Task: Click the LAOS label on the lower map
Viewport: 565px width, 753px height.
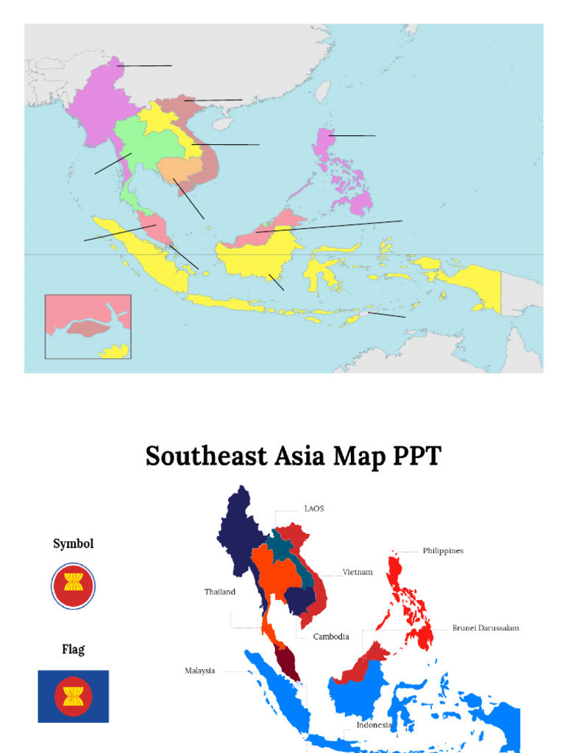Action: (x=314, y=508)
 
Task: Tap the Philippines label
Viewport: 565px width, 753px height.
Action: (x=443, y=551)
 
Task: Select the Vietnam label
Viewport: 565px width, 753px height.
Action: (x=358, y=572)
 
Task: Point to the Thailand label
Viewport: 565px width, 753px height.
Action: (x=220, y=592)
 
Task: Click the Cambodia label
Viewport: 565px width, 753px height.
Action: (x=331, y=637)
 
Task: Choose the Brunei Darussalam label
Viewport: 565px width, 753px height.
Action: (x=486, y=628)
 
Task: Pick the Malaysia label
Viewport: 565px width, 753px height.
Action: (x=200, y=671)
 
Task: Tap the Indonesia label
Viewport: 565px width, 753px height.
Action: (x=374, y=725)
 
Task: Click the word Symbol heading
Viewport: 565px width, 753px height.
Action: (x=74, y=544)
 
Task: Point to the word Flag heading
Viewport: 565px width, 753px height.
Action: (x=74, y=649)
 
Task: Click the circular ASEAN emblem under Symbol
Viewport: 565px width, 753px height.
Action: (x=74, y=585)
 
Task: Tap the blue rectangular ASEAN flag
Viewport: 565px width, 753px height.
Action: (x=74, y=696)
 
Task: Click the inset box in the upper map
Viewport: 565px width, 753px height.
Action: (x=88, y=326)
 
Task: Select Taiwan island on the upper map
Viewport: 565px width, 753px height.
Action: (x=322, y=91)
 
